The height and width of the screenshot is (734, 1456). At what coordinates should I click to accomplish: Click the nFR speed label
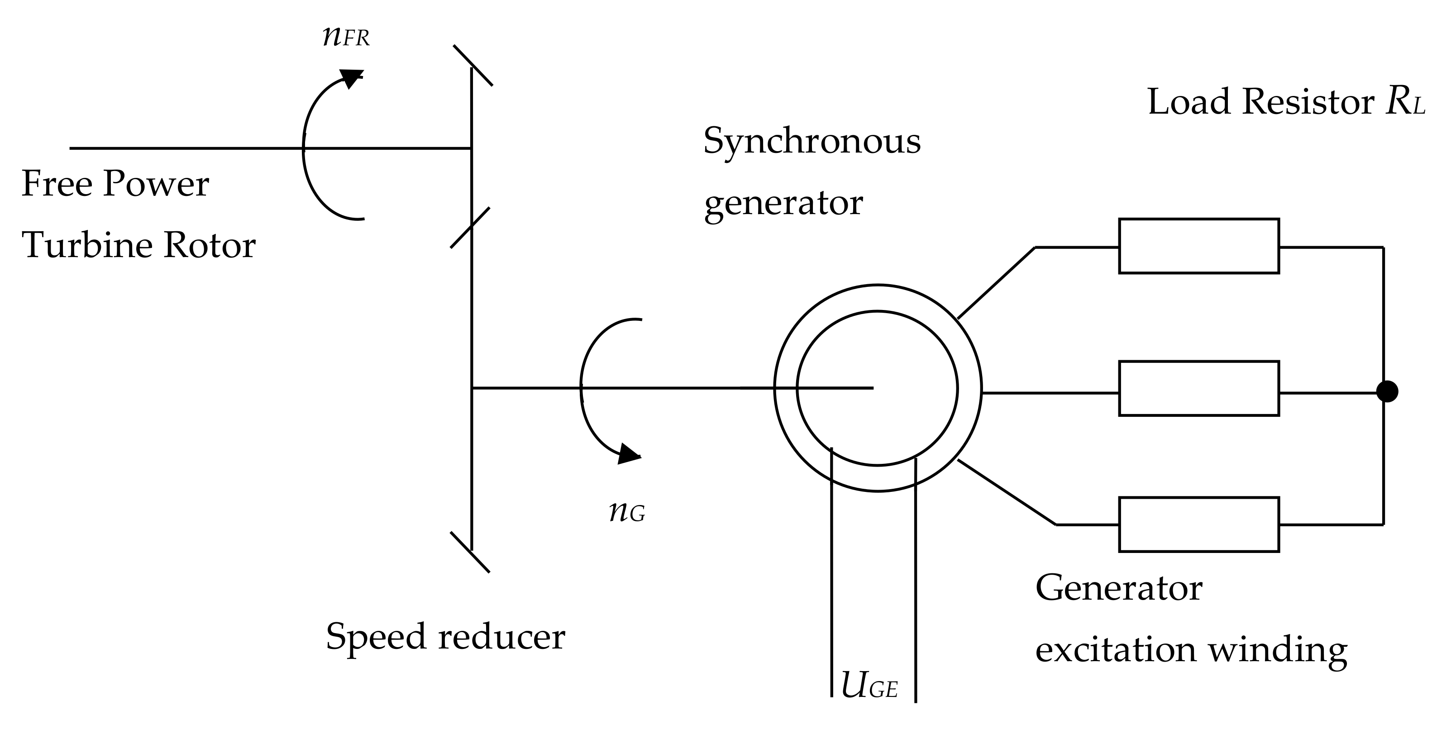point(346,37)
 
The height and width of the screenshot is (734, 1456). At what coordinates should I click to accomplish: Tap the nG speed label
point(627,512)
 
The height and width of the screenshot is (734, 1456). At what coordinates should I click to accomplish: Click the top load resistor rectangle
point(1199,246)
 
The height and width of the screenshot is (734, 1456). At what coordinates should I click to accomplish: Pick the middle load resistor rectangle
point(1199,389)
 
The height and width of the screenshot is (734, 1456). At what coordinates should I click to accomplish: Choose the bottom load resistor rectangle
point(1199,524)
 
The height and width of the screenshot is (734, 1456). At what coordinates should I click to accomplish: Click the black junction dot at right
point(1386,391)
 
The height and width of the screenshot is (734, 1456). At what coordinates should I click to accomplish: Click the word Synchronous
point(812,141)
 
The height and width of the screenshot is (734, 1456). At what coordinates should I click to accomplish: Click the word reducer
point(501,637)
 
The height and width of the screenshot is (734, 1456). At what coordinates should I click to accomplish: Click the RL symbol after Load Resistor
point(1404,102)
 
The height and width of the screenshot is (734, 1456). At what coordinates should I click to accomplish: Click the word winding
point(1277,650)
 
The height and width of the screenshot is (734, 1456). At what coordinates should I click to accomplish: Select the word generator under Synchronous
point(783,204)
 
